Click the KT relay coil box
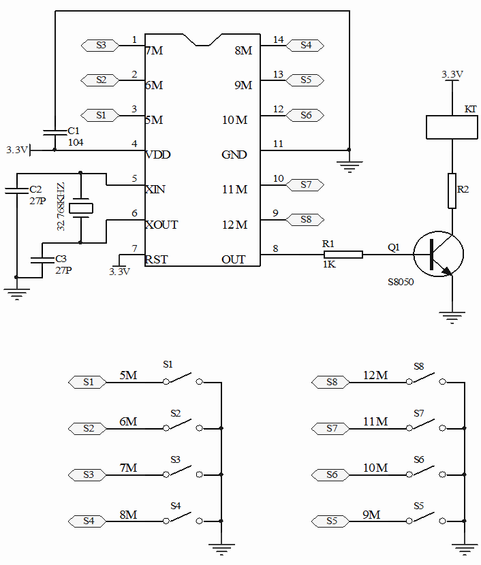451,127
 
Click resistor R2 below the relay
451,191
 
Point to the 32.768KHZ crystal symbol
81,207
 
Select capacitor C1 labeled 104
53,131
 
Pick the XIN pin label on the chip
155,189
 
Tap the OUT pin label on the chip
234,259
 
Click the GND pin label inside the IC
234,155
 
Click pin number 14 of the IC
278,39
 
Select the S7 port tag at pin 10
305,184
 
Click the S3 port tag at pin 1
100,46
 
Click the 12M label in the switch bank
375,375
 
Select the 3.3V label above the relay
452,74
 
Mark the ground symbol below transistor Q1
452,314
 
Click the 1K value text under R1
328,265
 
